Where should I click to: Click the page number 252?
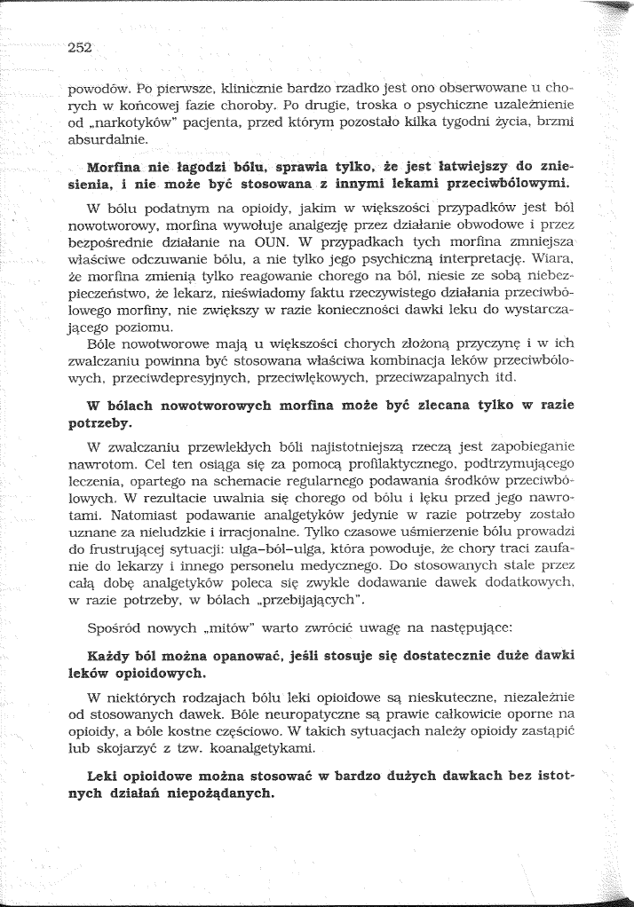click(x=80, y=48)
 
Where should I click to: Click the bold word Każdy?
click(x=109, y=656)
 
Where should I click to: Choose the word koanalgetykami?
click(x=278, y=747)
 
